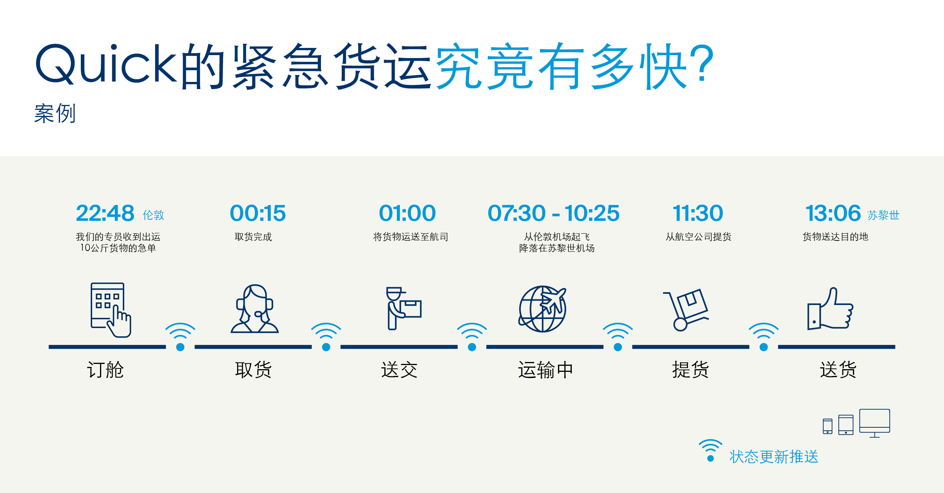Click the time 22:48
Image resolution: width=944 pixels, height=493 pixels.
105,213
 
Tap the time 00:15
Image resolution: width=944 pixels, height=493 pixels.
258,213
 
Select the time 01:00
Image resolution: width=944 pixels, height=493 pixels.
407,213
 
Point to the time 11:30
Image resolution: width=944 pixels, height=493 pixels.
698,213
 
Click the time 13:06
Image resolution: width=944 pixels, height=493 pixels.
833,213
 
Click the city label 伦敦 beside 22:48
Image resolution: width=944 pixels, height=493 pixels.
153,215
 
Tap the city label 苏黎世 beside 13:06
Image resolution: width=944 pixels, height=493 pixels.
884,215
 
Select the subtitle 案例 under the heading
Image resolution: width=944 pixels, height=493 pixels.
55,113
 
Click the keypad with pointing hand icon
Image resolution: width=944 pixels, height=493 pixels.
111,310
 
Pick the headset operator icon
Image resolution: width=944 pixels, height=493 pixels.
255,309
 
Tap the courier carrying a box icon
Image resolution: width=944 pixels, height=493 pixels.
403,308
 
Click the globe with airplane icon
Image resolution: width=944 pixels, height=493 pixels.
543,309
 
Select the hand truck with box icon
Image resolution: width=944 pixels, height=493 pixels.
686,310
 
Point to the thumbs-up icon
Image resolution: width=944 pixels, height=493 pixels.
830,308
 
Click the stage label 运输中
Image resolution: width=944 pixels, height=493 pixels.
545,370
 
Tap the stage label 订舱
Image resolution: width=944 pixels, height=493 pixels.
105,370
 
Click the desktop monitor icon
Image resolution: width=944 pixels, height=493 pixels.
875,423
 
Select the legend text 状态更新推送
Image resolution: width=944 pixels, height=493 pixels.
774,457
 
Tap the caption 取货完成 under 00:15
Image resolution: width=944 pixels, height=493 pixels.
253,237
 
